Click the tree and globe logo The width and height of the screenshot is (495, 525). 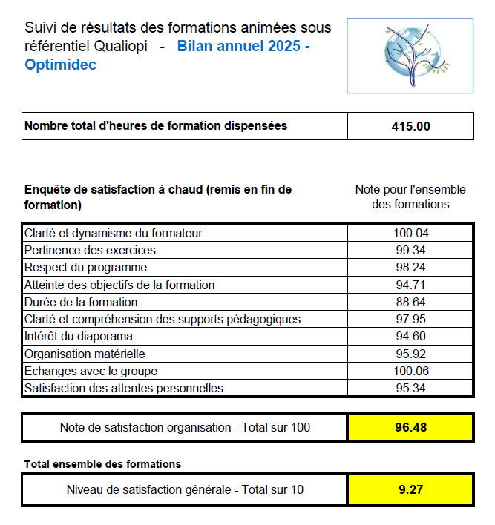tap(410, 56)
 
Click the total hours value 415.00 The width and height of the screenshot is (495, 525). tap(410, 126)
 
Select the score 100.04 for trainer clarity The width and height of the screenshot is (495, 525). tap(410, 233)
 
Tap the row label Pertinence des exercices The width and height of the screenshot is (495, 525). tap(90, 250)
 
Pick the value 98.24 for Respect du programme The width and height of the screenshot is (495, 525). tap(410, 267)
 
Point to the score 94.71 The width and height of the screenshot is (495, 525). tap(410, 285)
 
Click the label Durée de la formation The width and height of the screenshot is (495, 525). tap(81, 302)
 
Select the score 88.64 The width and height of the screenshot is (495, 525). tap(410, 302)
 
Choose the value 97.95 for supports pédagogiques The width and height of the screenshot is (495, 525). tap(410, 319)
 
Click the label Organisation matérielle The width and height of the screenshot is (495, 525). tap(85, 354)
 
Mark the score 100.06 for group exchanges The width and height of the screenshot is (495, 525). tap(410, 371)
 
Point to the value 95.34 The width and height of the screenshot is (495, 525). tap(410, 388)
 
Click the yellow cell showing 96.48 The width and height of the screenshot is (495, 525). tap(410, 427)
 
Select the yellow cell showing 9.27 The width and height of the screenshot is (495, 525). tap(410, 489)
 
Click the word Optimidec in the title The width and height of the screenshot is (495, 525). tap(60, 65)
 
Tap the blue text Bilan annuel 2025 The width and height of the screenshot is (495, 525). tap(239, 46)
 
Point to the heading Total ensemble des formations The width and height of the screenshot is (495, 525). tap(102, 464)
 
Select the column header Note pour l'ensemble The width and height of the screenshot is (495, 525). tap(410, 190)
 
